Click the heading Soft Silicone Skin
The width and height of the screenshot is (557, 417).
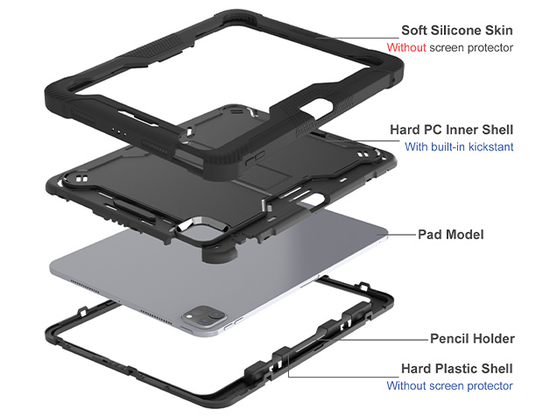[x=456, y=30]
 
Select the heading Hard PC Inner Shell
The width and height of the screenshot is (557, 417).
[x=451, y=130]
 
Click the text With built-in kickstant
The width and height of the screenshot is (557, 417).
[x=459, y=147]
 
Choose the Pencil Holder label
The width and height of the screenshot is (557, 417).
[x=471, y=338]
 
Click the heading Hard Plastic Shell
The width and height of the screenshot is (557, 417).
[x=457, y=369]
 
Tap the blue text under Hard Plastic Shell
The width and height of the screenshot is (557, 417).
[x=450, y=386]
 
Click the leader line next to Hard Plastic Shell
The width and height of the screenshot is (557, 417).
[x=350, y=369]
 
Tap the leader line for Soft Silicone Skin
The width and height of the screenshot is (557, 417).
[x=350, y=37]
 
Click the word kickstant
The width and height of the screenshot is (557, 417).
[x=490, y=147]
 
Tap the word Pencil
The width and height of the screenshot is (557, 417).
[x=450, y=338]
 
